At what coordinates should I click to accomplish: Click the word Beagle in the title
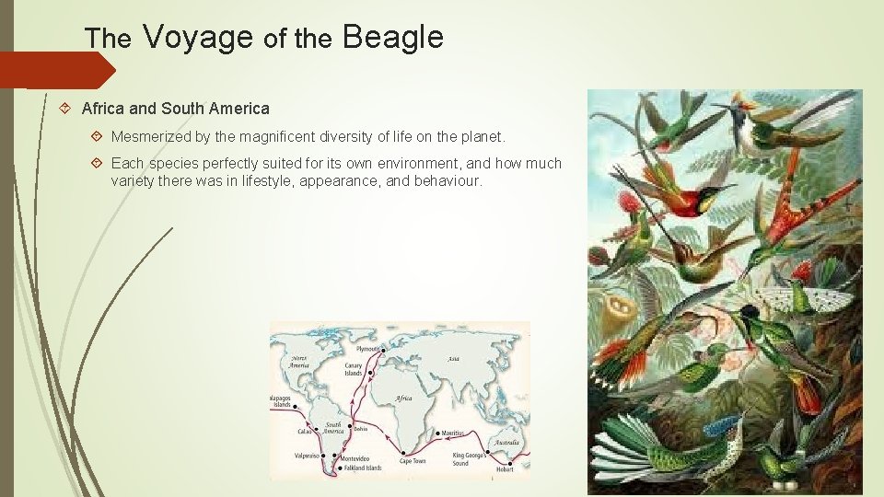[392, 38]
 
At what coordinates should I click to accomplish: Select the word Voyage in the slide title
[198, 38]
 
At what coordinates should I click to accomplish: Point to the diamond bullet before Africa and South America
[65, 109]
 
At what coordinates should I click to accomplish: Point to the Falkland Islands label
[360, 467]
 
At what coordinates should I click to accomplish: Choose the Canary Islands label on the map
[354, 369]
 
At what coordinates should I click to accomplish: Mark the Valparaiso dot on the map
[323, 455]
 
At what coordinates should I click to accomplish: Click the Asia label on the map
[452, 360]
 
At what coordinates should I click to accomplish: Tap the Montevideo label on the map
[356, 458]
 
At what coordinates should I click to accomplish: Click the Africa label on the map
[403, 398]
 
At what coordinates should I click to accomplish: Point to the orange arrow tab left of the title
[55, 70]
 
